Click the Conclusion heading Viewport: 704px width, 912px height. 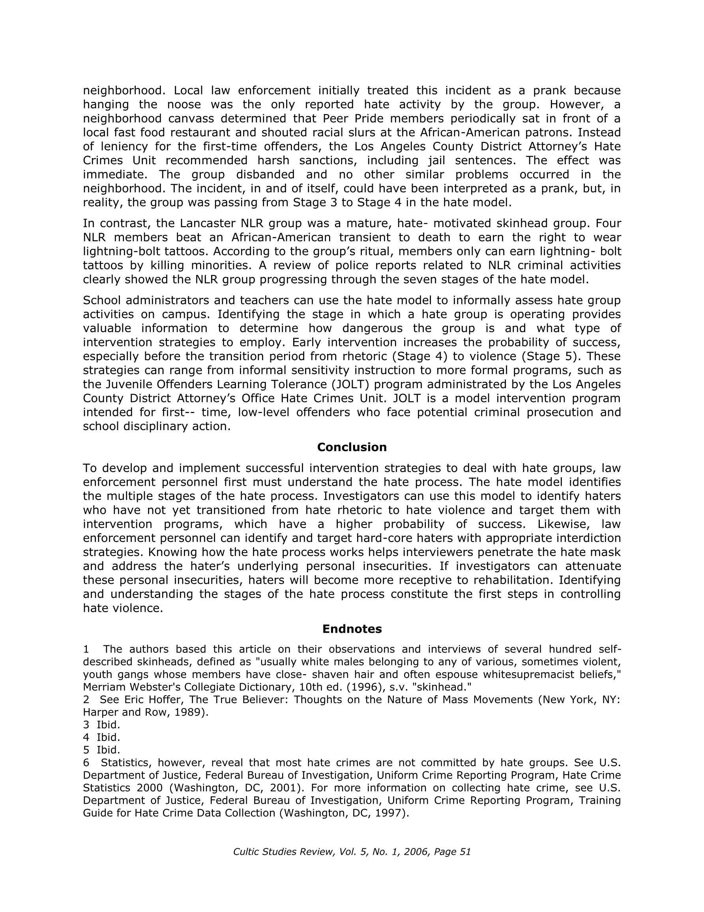351,447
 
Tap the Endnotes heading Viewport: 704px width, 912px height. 351,629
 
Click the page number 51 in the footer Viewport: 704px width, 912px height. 465,852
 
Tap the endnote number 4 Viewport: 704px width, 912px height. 86,737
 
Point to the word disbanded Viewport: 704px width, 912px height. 261,174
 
